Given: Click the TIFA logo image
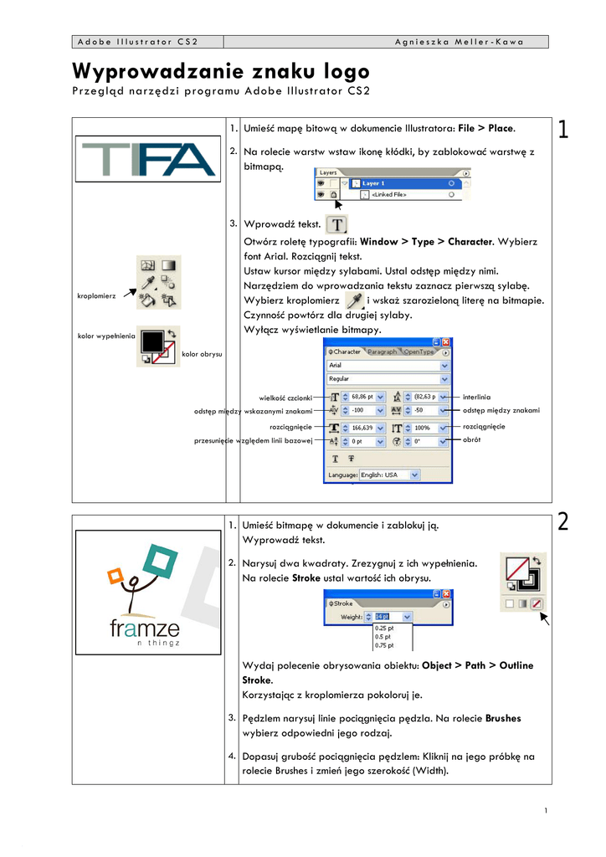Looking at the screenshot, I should pos(148,159).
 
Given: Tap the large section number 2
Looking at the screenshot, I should pos(563,522).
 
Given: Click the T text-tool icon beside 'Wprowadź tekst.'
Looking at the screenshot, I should pos(336,224).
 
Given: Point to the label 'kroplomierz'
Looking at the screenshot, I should pos(96,295).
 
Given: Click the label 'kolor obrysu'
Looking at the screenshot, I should pos(202,355).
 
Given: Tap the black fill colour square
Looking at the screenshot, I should pos(152,341).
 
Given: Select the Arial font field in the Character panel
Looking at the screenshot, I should pos(386,366).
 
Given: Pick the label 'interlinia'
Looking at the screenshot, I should pos(477,396).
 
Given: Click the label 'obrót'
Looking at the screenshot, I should pos(471,439).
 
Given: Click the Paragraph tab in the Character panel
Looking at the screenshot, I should pos(382,352).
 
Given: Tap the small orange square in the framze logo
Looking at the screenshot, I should pos(116,575).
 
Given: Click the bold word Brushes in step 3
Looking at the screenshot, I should pos(503,718).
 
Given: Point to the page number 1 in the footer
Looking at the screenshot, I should pos(545,810).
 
